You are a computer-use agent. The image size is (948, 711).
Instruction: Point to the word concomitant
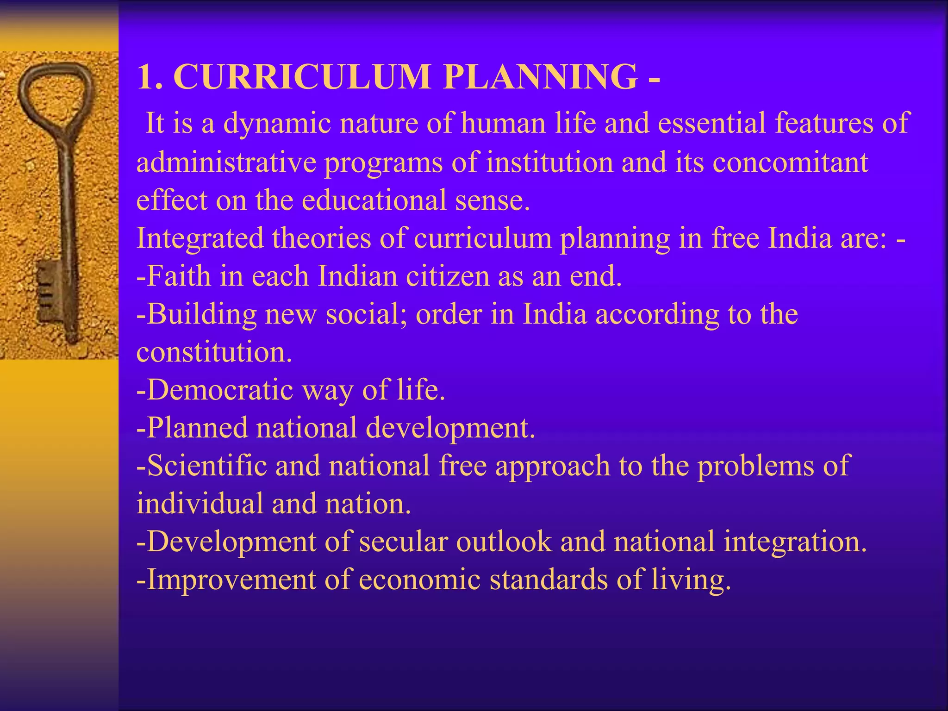[790, 162]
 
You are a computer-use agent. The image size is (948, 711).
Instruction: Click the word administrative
[226, 162]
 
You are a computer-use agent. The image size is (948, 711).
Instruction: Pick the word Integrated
[200, 239]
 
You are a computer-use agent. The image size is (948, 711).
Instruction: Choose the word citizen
[447, 276]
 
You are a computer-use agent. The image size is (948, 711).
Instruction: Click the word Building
[201, 314]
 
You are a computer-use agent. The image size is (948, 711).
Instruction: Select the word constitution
[214, 352]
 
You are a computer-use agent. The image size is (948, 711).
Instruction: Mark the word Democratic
[220, 390]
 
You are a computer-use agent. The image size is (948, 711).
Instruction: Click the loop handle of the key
[56, 93]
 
